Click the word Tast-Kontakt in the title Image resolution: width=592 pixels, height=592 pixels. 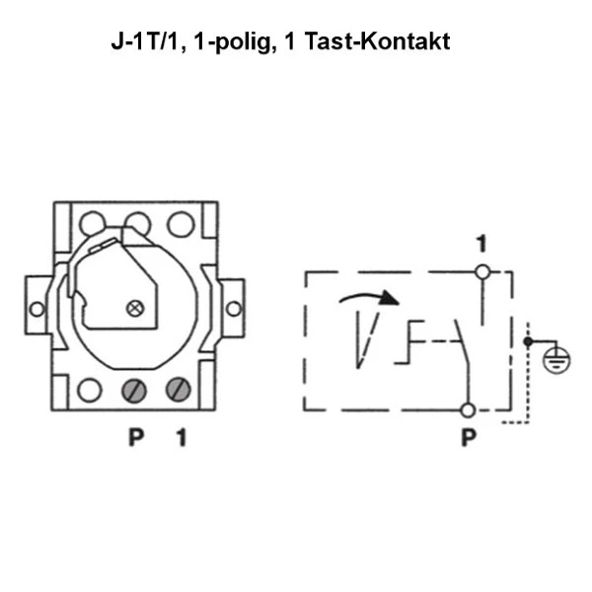coord(377,40)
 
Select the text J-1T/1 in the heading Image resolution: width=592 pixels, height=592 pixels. coord(145,40)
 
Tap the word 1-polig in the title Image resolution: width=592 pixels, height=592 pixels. coord(233,42)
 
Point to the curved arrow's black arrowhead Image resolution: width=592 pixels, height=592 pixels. coord(389,298)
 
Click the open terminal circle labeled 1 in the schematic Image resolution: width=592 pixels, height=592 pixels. coord(482,272)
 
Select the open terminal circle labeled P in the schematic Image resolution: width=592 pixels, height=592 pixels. coord(468,410)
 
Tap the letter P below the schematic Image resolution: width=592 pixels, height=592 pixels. coord(469,437)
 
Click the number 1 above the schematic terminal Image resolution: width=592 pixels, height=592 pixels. coord(481,244)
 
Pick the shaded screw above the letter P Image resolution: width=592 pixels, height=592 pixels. coord(133,391)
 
